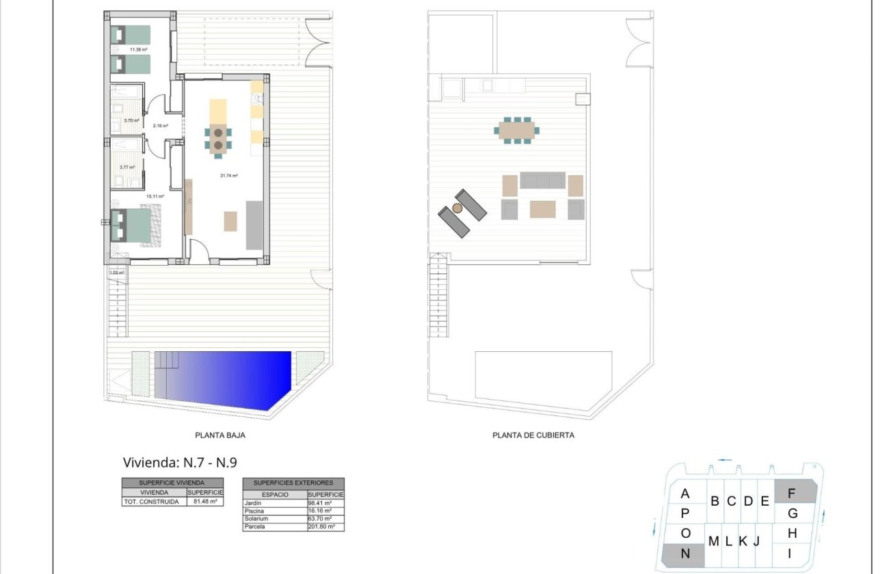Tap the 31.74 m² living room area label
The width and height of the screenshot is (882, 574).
pyautogui.click(x=228, y=176)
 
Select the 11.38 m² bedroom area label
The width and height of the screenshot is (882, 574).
pyautogui.click(x=121, y=50)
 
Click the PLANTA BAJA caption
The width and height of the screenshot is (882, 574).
pyautogui.click(x=220, y=435)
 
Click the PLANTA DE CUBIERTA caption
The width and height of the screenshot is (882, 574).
pyautogui.click(x=533, y=435)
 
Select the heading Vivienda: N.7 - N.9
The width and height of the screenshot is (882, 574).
pyautogui.click(x=180, y=463)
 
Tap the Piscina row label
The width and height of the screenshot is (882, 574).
pyautogui.click(x=254, y=510)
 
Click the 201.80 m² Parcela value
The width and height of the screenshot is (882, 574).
pyautogui.click(x=321, y=527)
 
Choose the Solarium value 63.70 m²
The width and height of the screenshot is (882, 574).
pyautogui.click(x=320, y=519)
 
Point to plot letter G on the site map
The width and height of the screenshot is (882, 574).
pyautogui.click(x=793, y=513)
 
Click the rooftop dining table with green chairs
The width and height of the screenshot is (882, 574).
pyautogui.click(x=517, y=131)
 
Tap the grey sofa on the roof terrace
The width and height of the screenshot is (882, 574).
pyautogui.click(x=543, y=180)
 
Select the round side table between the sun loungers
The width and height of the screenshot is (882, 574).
pyautogui.click(x=457, y=208)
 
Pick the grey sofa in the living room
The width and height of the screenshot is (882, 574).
pyautogui.click(x=254, y=225)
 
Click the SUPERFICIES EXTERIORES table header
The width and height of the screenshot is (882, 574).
pyautogui.click(x=293, y=482)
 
